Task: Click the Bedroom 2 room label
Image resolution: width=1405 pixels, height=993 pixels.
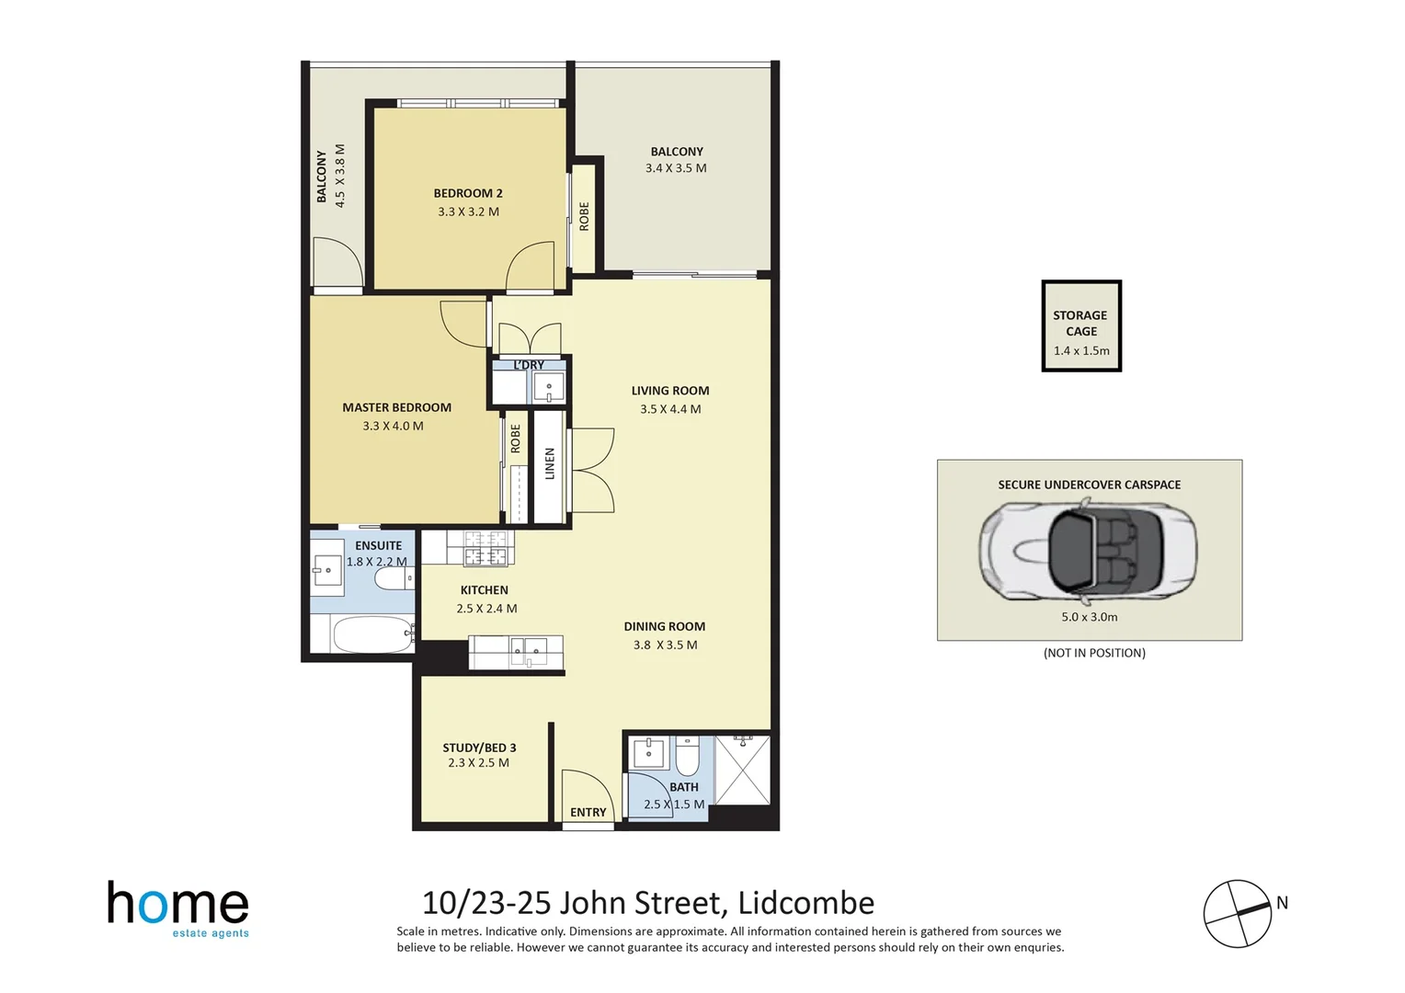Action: coord(468,193)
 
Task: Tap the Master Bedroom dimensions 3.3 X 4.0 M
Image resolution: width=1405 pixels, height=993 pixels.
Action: coord(393,426)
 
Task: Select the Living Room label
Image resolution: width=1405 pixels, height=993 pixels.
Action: coord(669,391)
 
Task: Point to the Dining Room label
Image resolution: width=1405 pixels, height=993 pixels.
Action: coord(664,626)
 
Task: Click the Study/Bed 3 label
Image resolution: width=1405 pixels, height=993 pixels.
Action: coord(479,748)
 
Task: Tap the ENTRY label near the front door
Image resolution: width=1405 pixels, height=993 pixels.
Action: coord(588,812)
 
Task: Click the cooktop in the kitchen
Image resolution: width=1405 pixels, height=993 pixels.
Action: coord(485,548)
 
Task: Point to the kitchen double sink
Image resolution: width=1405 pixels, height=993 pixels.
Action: coord(528,652)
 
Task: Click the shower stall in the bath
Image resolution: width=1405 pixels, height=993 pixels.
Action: coord(742,770)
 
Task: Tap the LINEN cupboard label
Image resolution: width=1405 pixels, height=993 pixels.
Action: coord(550,463)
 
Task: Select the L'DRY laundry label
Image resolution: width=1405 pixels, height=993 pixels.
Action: coord(529,365)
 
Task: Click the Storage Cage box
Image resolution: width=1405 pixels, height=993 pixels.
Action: coord(1081,326)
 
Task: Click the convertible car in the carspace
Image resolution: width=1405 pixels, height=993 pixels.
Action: coord(1088,549)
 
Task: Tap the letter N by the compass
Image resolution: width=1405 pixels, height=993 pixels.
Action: coord(1282,903)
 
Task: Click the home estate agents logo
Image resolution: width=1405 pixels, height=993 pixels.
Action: coord(178,908)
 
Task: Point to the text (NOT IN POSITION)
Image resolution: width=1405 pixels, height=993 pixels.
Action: coord(1094,653)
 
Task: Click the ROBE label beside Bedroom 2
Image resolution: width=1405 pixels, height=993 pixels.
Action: coord(584,216)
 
